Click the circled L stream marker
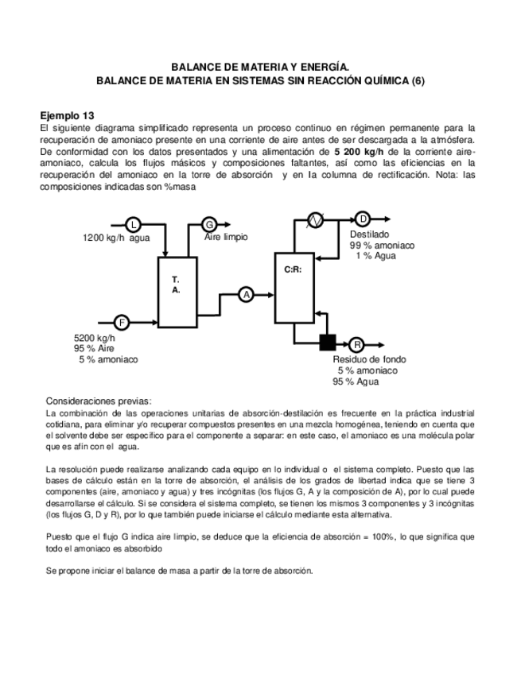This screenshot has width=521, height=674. click(x=133, y=224)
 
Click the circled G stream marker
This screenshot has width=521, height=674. click(x=209, y=224)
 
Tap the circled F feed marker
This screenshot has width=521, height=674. click(x=122, y=322)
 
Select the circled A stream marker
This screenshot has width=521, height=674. click(x=246, y=294)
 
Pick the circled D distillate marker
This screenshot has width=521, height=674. click(x=363, y=219)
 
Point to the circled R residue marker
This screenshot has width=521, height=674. click(x=356, y=344)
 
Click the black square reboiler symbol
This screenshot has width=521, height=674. click(x=326, y=343)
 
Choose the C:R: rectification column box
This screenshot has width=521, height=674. click(x=293, y=288)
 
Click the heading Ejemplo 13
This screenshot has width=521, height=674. click(x=72, y=114)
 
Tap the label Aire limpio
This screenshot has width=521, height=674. click(x=226, y=237)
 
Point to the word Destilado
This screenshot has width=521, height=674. click(x=369, y=234)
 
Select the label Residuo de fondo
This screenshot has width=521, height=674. click(x=369, y=359)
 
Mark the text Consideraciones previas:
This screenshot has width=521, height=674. click(x=98, y=401)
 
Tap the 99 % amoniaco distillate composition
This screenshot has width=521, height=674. click(x=382, y=246)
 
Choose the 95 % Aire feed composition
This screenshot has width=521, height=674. click(x=95, y=348)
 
